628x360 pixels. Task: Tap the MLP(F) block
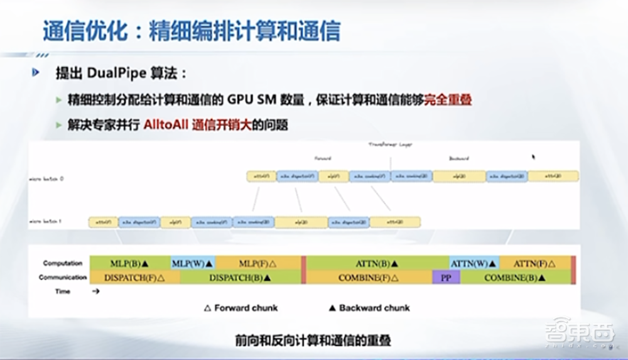click(258, 263)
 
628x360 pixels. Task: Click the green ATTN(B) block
click(377, 263)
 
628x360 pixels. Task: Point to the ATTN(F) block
click(535, 263)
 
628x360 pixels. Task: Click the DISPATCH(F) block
click(134, 277)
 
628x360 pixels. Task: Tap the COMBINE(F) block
click(369, 277)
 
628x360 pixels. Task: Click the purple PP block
click(446, 277)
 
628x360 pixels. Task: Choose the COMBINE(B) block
click(516, 277)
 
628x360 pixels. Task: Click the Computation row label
click(63, 263)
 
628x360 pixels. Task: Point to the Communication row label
click(63, 277)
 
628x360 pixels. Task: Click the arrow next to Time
click(95, 292)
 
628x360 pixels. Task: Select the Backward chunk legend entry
click(369, 308)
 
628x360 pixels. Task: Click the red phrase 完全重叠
click(448, 100)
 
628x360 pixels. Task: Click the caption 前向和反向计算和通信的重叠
click(313, 341)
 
